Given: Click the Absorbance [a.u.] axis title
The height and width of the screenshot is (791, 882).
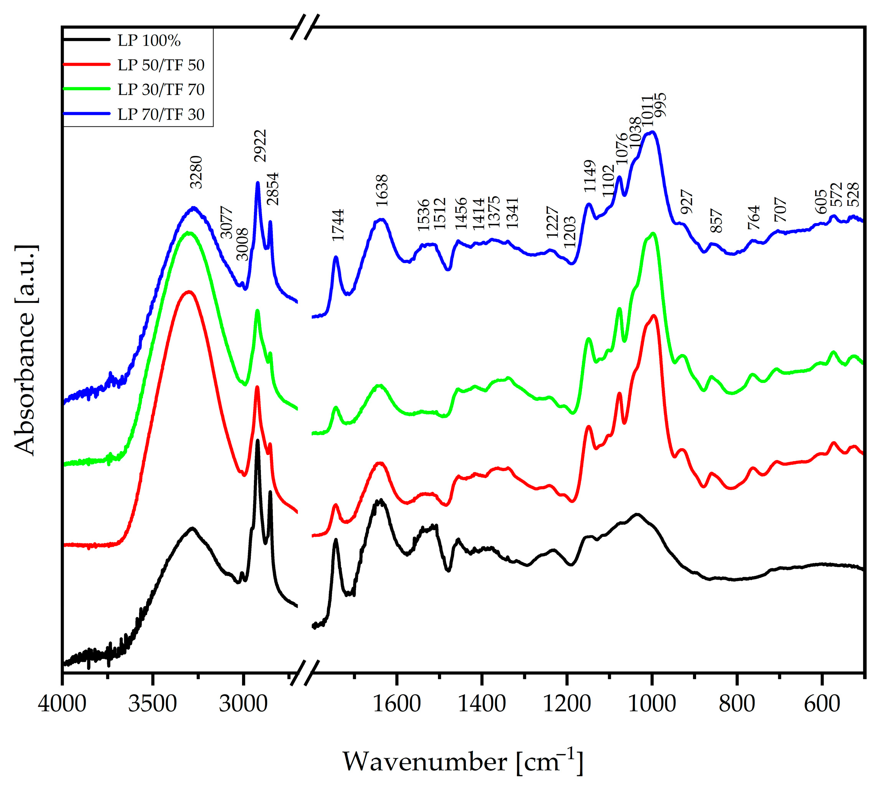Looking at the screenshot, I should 25,350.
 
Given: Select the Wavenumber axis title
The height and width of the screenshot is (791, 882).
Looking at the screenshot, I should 463,761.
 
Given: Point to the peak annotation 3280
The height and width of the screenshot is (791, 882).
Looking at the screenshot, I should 196,172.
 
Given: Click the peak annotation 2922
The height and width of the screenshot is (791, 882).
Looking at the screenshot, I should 260,146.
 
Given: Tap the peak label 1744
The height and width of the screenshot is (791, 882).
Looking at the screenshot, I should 338,225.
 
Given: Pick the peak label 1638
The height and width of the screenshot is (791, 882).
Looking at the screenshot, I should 382,190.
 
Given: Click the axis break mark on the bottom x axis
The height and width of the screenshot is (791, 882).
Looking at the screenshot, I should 305,673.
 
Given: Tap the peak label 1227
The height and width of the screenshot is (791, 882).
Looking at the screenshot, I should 552,222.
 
